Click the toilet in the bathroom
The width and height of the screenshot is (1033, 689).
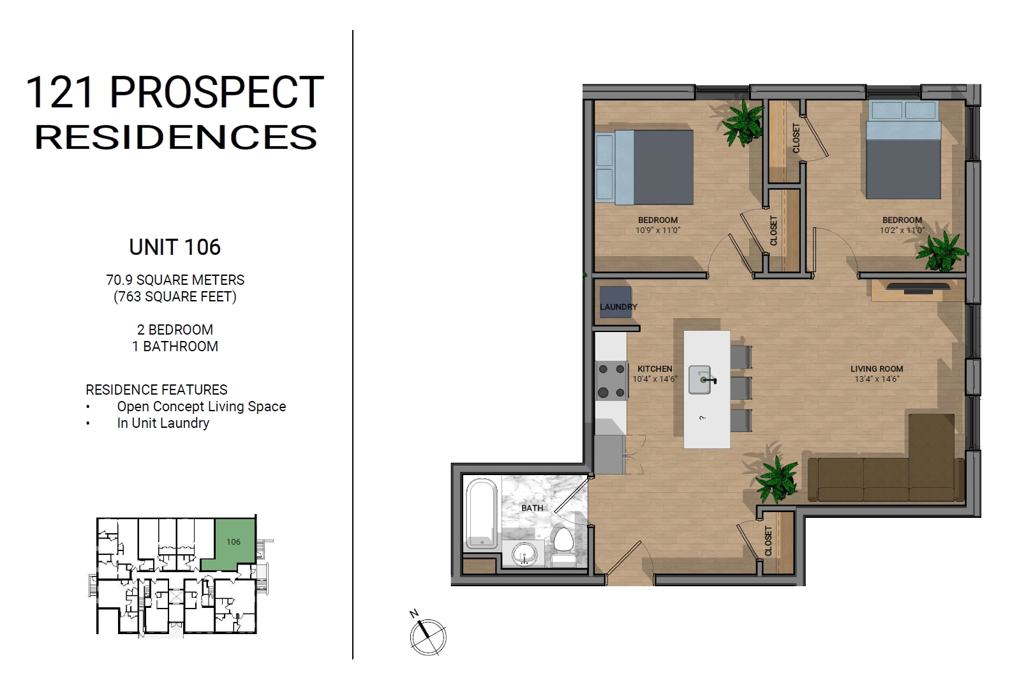(x=563, y=547)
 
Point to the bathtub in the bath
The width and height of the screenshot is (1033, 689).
(x=481, y=513)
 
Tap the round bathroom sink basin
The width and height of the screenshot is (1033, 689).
(x=525, y=554)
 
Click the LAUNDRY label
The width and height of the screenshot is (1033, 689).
(x=618, y=307)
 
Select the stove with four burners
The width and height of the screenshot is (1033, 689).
(x=611, y=381)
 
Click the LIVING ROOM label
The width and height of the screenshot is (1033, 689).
(x=877, y=368)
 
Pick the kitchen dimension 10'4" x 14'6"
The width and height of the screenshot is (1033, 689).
(x=655, y=379)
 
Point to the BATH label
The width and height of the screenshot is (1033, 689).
(x=532, y=508)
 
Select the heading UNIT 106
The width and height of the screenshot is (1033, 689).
(x=175, y=247)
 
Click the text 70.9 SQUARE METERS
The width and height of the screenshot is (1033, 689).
(x=175, y=280)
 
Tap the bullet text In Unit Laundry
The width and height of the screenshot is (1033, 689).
(x=163, y=423)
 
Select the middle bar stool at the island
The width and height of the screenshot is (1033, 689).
(x=741, y=388)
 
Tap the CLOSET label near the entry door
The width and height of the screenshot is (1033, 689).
(x=768, y=541)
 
